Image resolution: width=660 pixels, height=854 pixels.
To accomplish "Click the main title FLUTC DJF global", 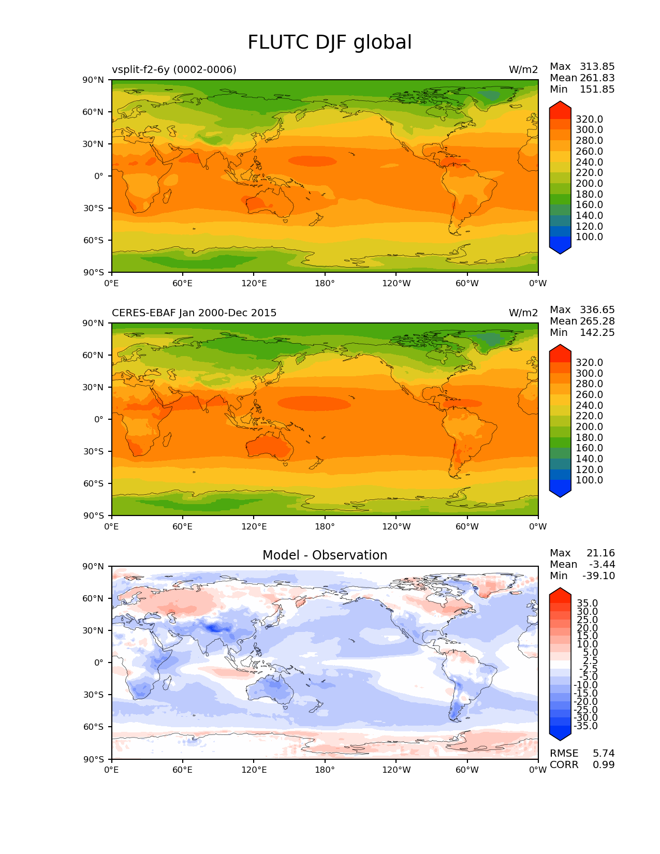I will [x=330, y=42].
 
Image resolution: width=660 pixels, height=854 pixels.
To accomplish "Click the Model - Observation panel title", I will [x=325, y=555].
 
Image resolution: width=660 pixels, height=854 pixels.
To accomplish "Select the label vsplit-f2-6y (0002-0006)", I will [x=174, y=69].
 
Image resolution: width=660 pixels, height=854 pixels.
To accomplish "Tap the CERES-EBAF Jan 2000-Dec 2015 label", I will [x=194, y=313].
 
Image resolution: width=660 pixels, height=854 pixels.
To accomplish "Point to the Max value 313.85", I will [x=597, y=66].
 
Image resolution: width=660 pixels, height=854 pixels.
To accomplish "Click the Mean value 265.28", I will [x=597, y=321].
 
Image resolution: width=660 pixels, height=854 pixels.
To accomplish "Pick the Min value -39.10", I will [x=598, y=576].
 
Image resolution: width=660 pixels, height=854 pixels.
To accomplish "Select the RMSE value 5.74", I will [x=604, y=753].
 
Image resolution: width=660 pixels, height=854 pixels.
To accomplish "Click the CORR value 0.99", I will [x=604, y=764].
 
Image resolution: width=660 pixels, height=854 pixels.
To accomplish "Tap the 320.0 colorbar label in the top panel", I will [x=589, y=119].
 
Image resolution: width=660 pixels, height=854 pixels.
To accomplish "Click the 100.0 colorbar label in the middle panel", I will [x=589, y=480].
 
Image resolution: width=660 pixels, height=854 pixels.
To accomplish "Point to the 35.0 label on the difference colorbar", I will [x=587, y=603].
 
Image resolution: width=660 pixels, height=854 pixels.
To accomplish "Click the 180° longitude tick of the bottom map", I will [x=325, y=770].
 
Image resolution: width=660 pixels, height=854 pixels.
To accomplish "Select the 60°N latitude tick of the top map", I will [x=94, y=112].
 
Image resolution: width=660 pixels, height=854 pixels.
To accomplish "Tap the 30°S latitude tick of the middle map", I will [x=94, y=451].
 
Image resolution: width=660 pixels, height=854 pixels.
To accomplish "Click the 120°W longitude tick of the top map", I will [x=396, y=283].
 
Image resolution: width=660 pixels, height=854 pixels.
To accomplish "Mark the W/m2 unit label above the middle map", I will [x=523, y=313].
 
